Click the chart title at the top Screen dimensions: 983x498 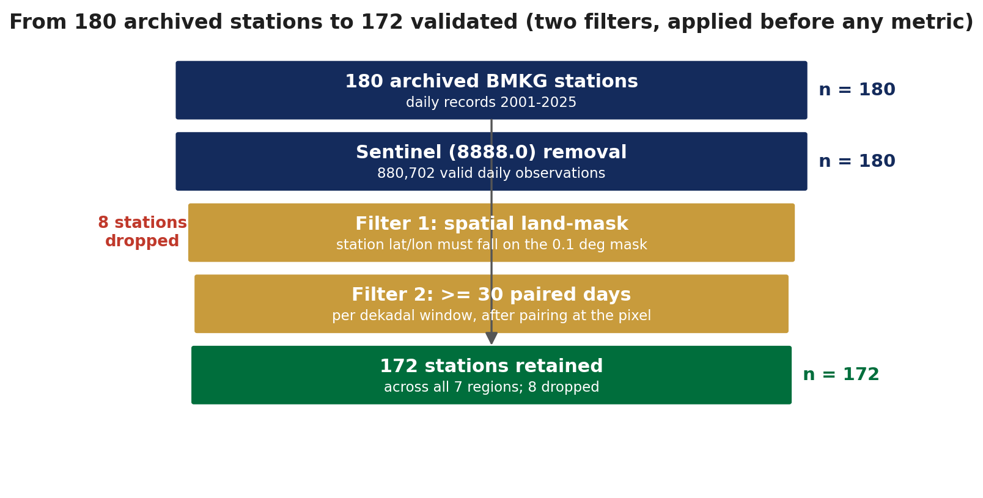(x=491, y=22)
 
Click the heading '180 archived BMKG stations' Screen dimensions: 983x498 (x=491, y=82)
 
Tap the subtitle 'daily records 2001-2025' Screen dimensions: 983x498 (x=491, y=103)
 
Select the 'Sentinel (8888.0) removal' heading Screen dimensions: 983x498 (x=491, y=153)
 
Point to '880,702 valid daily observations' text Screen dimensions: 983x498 (x=491, y=174)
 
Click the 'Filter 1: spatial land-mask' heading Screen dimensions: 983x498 (x=491, y=224)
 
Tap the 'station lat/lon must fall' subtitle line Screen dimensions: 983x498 (x=491, y=245)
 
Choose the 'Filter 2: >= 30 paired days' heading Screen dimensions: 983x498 (x=491, y=295)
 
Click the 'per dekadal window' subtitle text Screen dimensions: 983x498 (x=491, y=316)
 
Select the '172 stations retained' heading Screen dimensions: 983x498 (x=491, y=367)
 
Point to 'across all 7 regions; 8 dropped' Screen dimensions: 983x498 (x=491, y=387)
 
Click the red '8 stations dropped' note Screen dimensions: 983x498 (x=142, y=232)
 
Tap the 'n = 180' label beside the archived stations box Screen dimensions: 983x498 (x=857, y=90)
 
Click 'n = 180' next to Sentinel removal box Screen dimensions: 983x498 (x=857, y=161)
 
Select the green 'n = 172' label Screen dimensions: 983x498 (x=841, y=375)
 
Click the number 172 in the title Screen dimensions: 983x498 (x=381, y=22)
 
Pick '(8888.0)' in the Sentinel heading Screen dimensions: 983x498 (x=492, y=153)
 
